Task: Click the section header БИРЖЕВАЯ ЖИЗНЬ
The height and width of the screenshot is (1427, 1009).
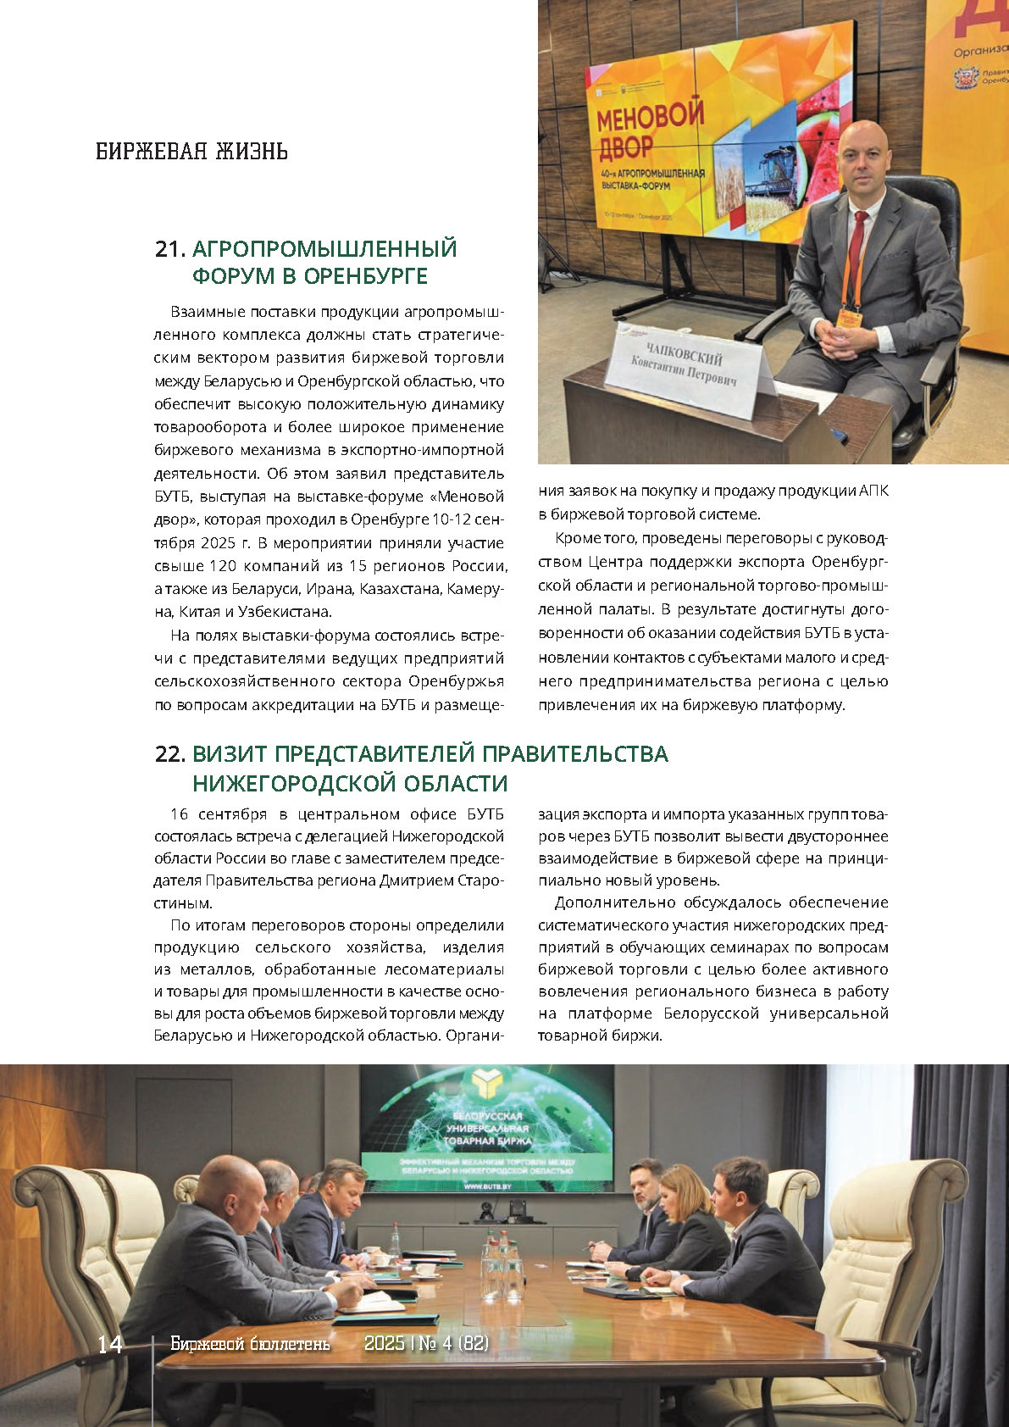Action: [191, 152]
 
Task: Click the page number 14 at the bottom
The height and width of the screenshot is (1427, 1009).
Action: [110, 1345]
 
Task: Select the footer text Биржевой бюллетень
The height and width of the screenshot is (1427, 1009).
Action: [250, 1344]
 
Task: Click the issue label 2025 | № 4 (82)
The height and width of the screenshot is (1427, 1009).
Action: [426, 1344]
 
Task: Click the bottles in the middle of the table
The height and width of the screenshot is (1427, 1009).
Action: [501, 1263]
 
